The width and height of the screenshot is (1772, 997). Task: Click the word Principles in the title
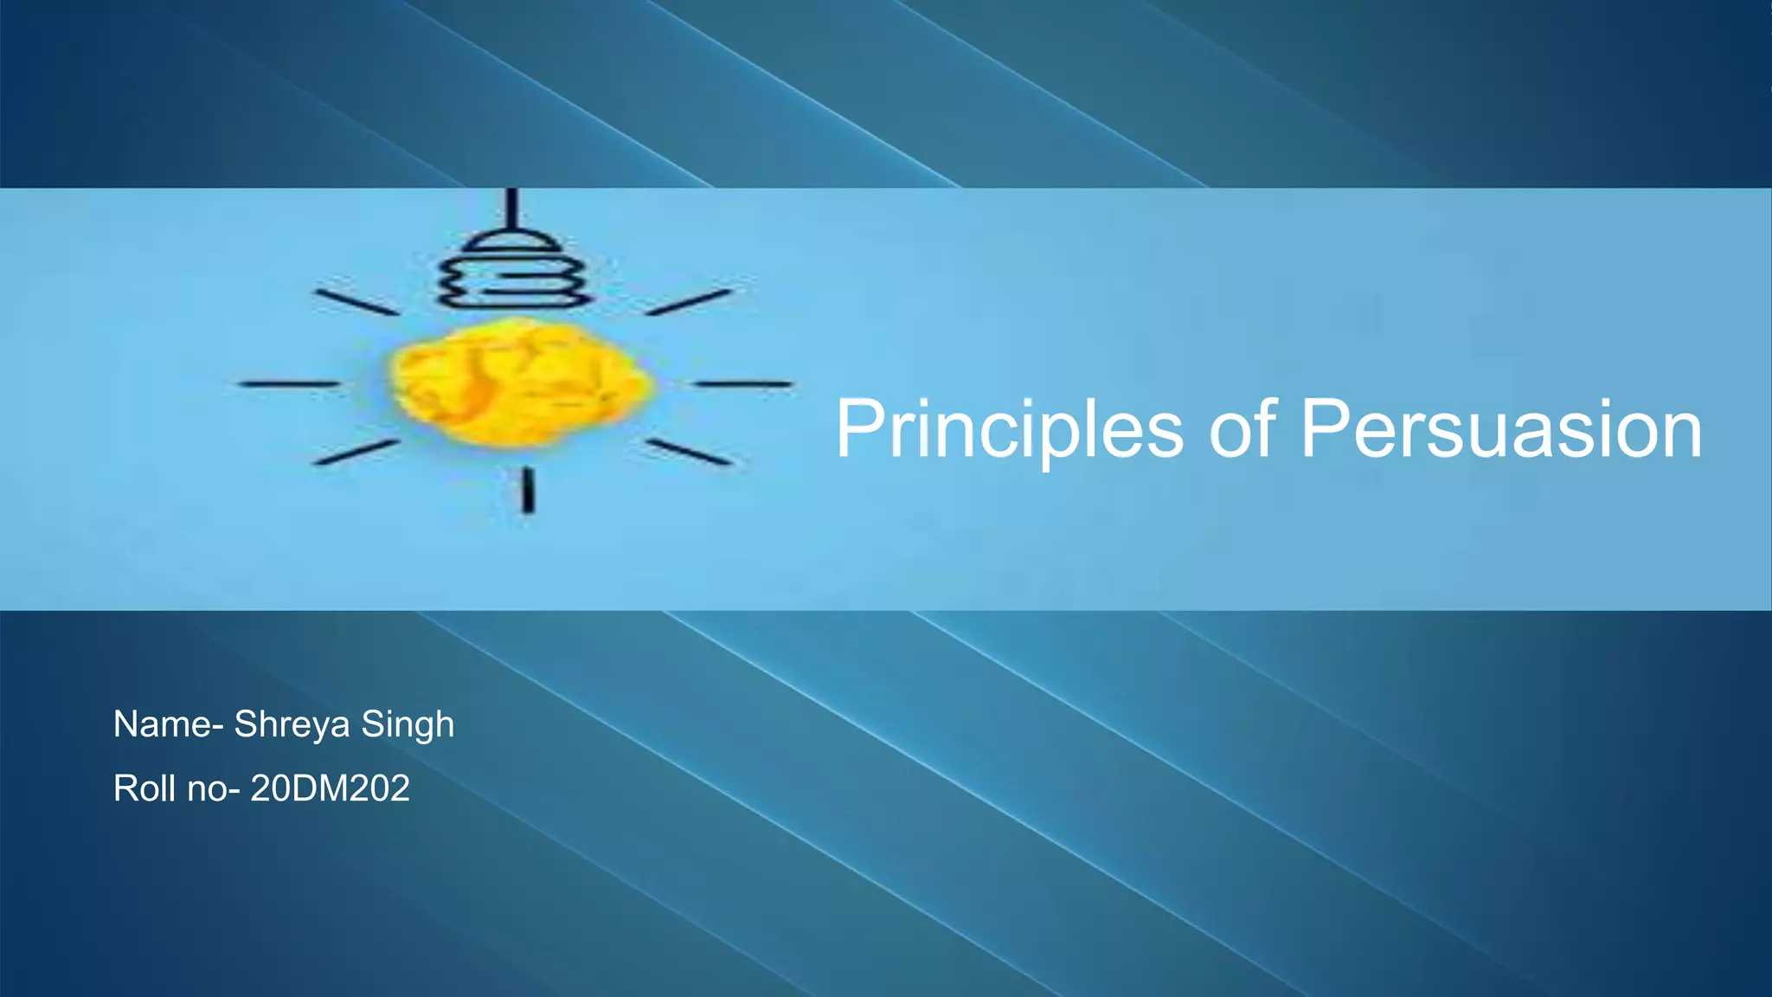click(x=1009, y=429)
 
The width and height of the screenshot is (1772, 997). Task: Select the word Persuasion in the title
click(x=1501, y=429)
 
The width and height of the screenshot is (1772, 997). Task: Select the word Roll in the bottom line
click(x=144, y=788)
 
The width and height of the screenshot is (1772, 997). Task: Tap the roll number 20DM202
click(x=330, y=788)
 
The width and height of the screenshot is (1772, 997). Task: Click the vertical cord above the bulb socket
click(x=512, y=208)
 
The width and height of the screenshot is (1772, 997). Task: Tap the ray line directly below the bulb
click(x=528, y=490)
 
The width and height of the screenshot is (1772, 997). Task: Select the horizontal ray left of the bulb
click(x=289, y=383)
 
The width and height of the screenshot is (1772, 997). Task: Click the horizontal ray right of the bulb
click(x=744, y=383)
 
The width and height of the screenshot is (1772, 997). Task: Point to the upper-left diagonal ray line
click(x=356, y=302)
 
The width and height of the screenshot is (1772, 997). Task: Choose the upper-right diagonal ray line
click(x=689, y=302)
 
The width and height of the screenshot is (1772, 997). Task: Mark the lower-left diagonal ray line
click(x=356, y=452)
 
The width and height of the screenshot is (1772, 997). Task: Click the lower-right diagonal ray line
click(x=689, y=452)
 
